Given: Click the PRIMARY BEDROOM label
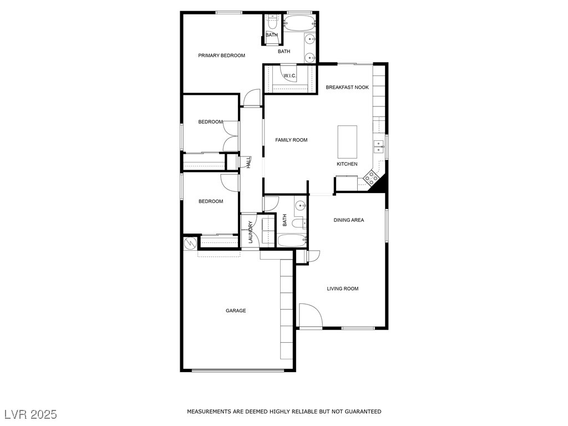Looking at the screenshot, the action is click(x=221, y=55).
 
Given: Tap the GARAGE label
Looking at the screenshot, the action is click(x=236, y=311).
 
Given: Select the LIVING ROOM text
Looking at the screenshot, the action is click(x=343, y=288).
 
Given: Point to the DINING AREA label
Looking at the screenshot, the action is click(x=349, y=220).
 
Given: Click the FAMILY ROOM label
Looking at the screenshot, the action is click(x=291, y=140).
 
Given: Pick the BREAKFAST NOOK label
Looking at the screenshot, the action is click(x=347, y=87).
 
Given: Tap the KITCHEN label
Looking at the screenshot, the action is click(x=347, y=164).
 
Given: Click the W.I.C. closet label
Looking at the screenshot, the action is click(x=290, y=75).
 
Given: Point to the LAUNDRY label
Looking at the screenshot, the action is click(x=250, y=232).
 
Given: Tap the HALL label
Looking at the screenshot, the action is click(x=249, y=163).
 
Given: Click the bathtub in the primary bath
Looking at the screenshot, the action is click(x=299, y=23).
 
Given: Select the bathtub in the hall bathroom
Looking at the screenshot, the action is click(x=292, y=241).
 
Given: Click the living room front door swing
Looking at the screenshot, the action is click(x=310, y=315).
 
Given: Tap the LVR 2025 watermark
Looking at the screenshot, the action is click(x=31, y=414).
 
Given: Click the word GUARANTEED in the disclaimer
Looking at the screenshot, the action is click(x=363, y=412).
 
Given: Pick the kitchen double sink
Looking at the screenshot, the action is click(x=378, y=146).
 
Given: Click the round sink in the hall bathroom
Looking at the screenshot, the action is click(x=300, y=206).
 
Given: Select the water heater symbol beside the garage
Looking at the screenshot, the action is click(x=189, y=243).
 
